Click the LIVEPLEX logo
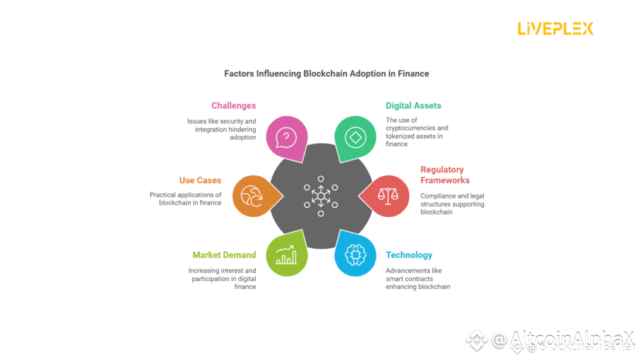(x=555, y=29)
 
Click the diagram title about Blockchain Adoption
(x=326, y=73)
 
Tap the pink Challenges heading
(x=233, y=105)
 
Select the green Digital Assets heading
(x=414, y=105)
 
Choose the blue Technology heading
(x=409, y=255)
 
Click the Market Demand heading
(x=223, y=255)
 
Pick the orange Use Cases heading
(x=200, y=180)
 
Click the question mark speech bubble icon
(x=286, y=138)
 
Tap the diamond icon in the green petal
(x=355, y=138)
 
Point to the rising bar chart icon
(x=286, y=254)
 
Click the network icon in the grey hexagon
(x=320, y=195)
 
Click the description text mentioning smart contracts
(x=417, y=278)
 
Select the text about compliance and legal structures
(x=452, y=203)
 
